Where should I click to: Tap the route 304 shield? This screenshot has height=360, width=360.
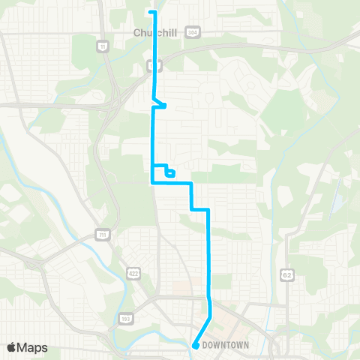(193, 32)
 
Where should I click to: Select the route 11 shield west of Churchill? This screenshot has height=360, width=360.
(102, 47)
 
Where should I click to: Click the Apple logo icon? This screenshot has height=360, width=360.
(12, 347)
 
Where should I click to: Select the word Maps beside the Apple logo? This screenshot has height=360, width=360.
(33, 347)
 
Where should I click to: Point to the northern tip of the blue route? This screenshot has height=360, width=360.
(154, 12)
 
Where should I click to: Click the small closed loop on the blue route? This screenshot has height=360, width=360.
(171, 173)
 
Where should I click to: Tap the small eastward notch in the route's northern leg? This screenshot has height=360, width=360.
(160, 103)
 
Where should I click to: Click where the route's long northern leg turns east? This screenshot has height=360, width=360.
(153, 181)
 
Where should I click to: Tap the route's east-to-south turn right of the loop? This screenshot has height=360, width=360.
(192, 182)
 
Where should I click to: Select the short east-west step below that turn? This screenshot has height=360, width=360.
(199, 210)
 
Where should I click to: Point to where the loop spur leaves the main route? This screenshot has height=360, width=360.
(154, 166)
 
